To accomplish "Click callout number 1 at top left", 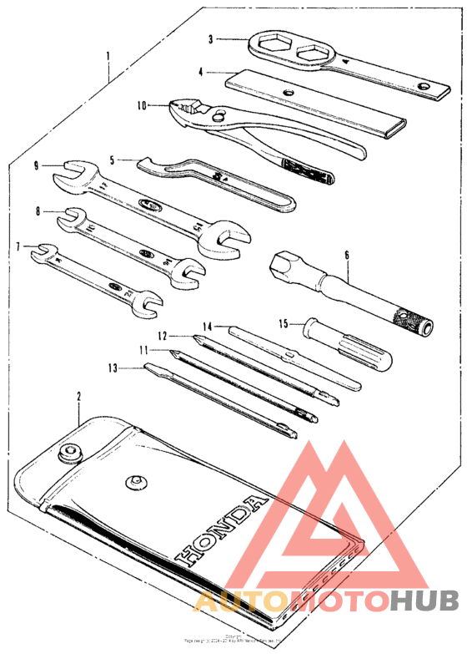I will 108,57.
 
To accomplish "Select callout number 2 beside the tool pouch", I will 79,396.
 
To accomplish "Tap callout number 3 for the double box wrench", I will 212,38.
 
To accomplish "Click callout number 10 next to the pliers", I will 142,105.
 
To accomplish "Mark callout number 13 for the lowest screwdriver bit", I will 111,366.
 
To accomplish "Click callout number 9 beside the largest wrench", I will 38,165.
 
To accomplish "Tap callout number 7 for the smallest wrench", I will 18,247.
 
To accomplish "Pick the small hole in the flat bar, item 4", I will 288,92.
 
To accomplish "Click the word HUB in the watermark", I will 424,600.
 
